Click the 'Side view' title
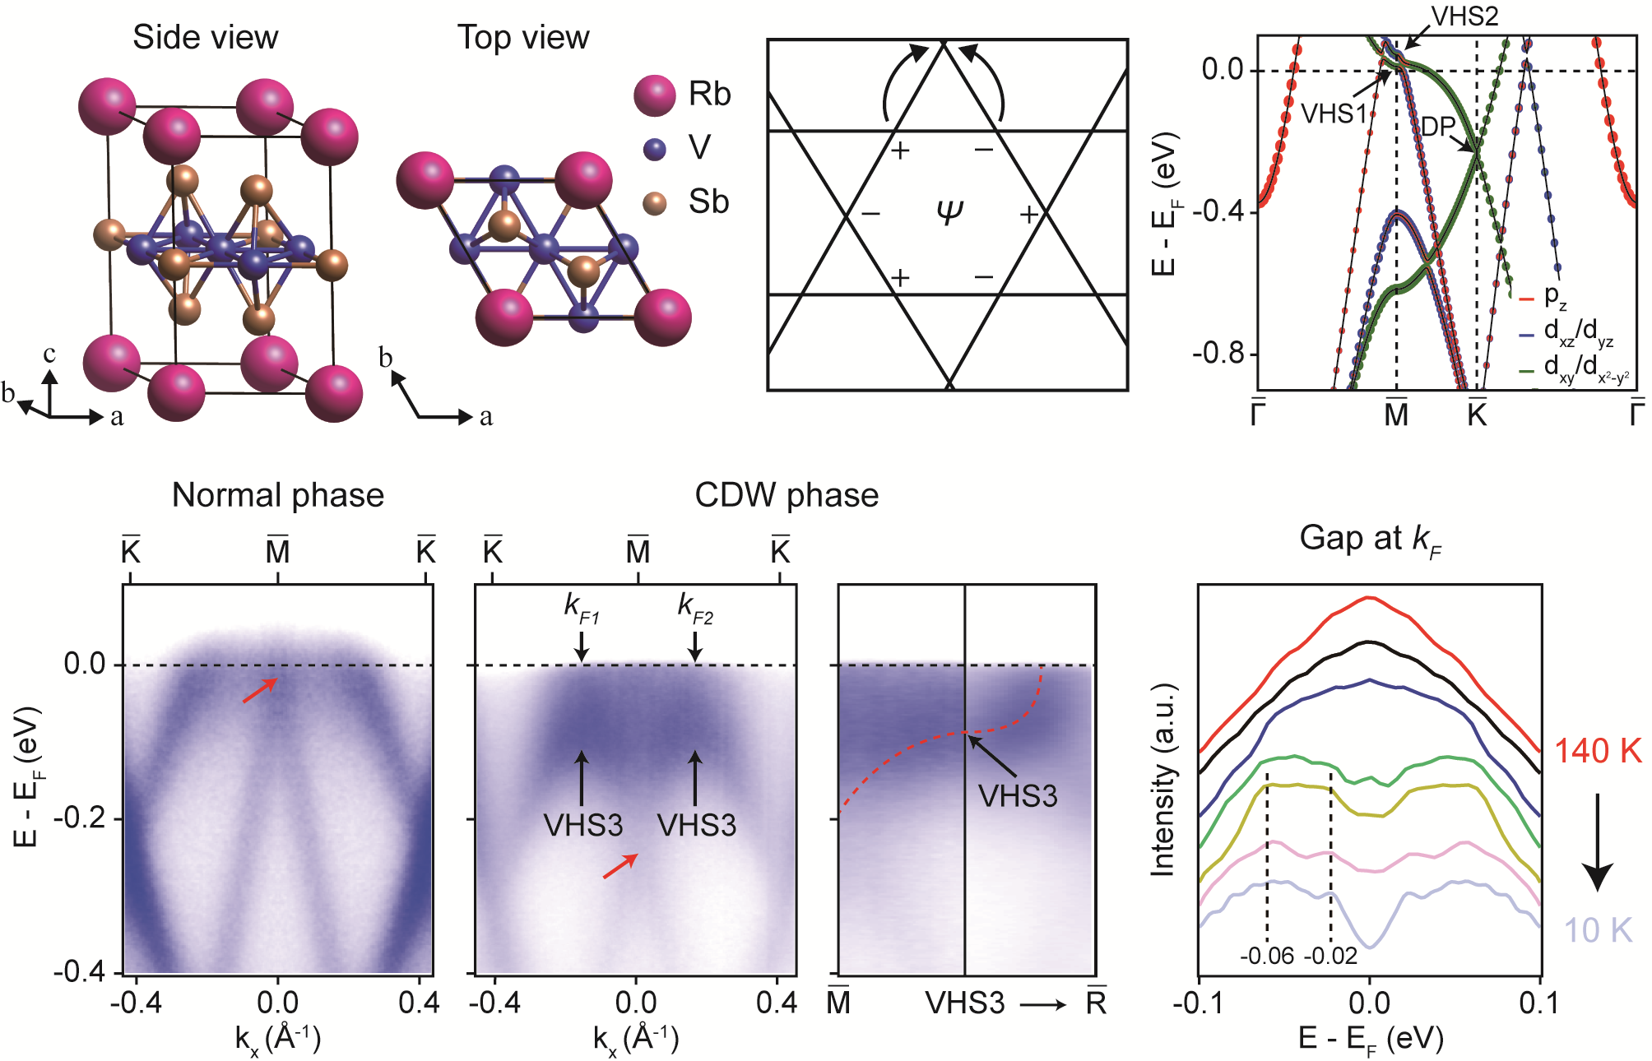pos(206,38)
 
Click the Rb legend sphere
pos(655,95)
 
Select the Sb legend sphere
pos(655,203)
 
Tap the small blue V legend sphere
pos(655,149)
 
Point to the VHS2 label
pos(1465,16)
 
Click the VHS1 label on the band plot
pos(1333,114)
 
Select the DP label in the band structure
pos(1438,127)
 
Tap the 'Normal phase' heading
pos(278,495)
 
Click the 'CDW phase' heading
pos(787,495)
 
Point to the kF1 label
pos(582,607)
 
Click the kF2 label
pos(695,607)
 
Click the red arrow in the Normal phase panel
pos(260,691)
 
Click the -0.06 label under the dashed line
pos(1267,956)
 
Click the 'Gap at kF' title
pos(1370,540)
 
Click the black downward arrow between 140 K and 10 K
pos(1598,842)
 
